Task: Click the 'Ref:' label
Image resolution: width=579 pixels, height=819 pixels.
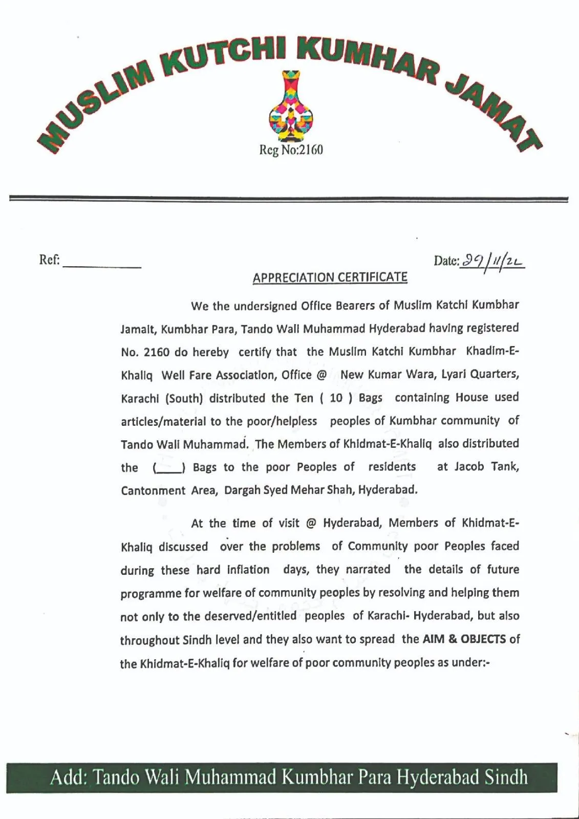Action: (50, 260)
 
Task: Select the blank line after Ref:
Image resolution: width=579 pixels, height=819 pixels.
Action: (102, 265)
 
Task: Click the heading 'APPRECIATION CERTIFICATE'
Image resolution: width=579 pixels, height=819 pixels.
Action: (330, 278)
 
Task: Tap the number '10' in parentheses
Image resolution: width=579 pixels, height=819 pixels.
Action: (336, 398)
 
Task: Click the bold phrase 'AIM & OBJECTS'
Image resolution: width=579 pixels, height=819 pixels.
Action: (464, 639)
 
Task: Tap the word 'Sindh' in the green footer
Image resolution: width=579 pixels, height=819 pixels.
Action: (505, 777)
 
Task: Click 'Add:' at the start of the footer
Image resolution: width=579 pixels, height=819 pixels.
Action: (69, 777)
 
